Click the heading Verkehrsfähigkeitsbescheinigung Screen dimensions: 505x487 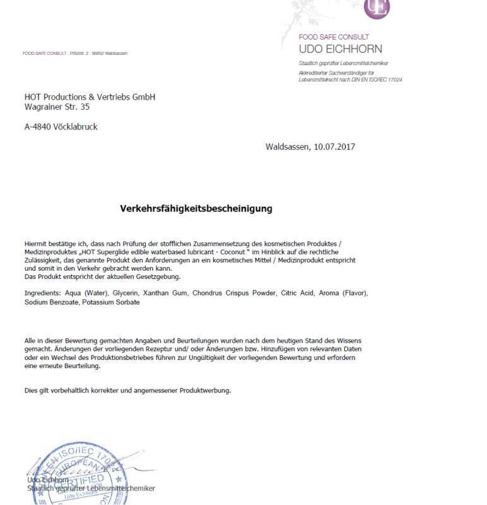[x=196, y=208]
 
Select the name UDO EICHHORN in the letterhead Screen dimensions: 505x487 [x=340, y=49]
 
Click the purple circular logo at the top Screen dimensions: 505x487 [x=377, y=8]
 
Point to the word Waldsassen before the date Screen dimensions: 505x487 [x=287, y=147]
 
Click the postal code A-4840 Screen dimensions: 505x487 [x=37, y=127]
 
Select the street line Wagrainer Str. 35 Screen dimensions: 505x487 [x=57, y=107]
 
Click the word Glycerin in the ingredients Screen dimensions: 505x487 [x=126, y=294]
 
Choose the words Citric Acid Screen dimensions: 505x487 [x=298, y=294]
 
